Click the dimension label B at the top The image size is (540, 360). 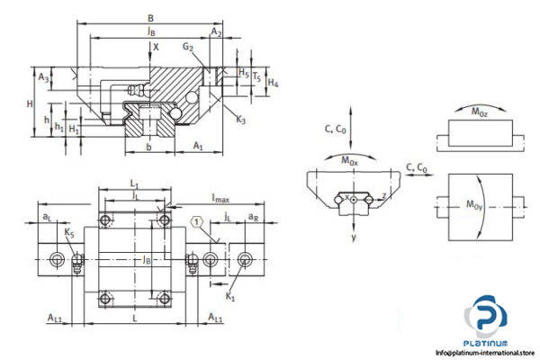(149, 17)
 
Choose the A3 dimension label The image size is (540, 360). (44, 78)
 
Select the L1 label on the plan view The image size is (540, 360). (134, 184)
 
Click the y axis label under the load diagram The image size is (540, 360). (355, 238)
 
